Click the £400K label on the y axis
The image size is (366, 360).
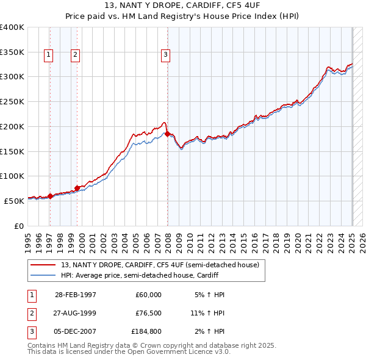(12, 27)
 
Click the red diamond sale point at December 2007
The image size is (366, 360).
(168, 134)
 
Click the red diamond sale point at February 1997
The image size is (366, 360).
(51, 196)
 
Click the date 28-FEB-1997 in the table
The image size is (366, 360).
(76, 295)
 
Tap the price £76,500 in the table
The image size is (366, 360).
(146, 313)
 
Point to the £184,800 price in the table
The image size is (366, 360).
(146, 331)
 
